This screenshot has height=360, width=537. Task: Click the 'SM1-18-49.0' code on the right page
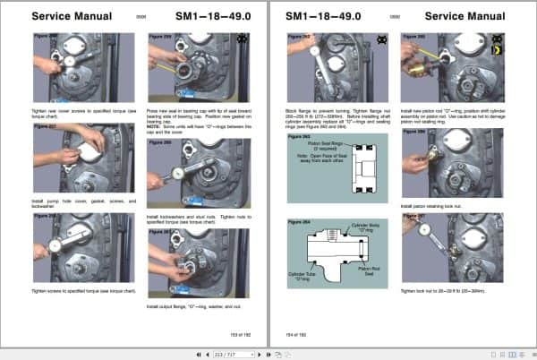[323, 15]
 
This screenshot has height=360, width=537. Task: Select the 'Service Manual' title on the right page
[465, 15]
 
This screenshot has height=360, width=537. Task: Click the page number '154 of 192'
[297, 333]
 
